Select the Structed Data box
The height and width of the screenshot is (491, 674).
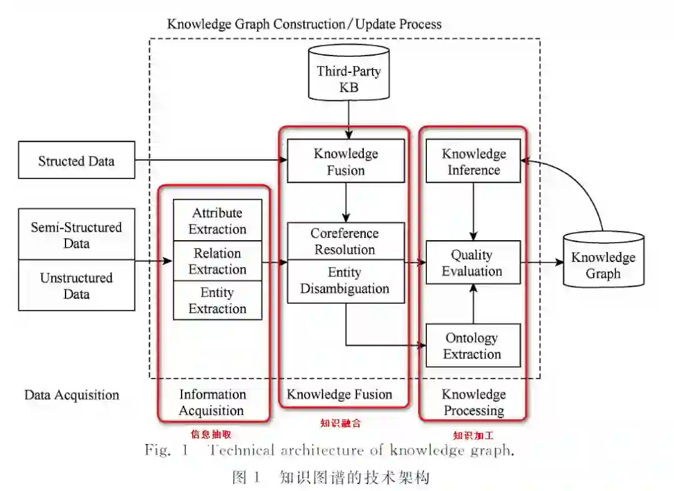pyautogui.click(x=77, y=160)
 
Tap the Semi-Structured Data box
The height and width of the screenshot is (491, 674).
pyautogui.click(x=77, y=235)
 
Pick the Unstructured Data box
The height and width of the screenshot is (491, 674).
pyautogui.click(x=77, y=285)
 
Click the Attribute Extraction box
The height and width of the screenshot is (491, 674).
pyautogui.click(x=217, y=221)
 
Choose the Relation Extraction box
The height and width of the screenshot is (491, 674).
pyautogui.click(x=217, y=261)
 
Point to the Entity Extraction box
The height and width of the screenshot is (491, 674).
pyautogui.click(x=217, y=301)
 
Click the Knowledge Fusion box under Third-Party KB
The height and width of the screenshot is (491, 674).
pyautogui.click(x=346, y=161)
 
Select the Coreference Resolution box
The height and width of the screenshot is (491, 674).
pyautogui.click(x=345, y=241)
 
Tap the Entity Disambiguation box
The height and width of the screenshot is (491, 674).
pyautogui.click(x=345, y=281)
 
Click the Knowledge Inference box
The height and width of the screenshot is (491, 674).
pyautogui.click(x=474, y=161)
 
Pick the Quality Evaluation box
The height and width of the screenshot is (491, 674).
pyautogui.click(x=472, y=263)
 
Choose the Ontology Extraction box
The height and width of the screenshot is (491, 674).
pyautogui.click(x=472, y=346)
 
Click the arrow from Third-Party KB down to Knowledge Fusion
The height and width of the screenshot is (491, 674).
pyautogui.click(x=348, y=119)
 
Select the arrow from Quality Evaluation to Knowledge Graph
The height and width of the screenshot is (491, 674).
pyautogui.click(x=541, y=263)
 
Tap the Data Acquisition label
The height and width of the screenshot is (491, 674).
pyautogui.click(x=72, y=395)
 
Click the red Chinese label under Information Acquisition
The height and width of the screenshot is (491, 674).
pyautogui.click(x=211, y=434)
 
